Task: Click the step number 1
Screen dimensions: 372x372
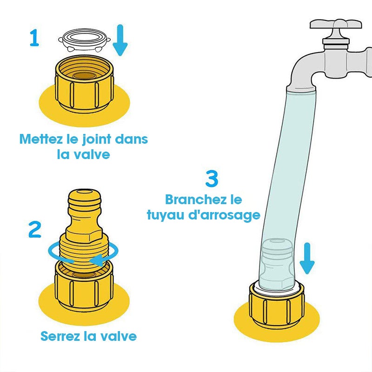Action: (34, 38)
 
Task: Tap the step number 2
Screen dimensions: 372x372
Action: (34, 229)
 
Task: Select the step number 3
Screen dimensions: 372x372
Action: (212, 179)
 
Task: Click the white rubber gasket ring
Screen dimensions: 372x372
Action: (85, 40)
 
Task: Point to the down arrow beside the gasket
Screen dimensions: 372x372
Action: (120, 40)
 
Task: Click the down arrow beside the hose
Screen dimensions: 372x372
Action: (307, 258)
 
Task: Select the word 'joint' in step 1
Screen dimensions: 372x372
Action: (96, 139)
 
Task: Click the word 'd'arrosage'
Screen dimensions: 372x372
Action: (224, 215)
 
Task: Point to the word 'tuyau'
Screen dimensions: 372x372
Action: (166, 215)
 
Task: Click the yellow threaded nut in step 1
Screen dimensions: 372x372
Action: (85, 84)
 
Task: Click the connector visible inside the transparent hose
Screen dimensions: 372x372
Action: (276, 263)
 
